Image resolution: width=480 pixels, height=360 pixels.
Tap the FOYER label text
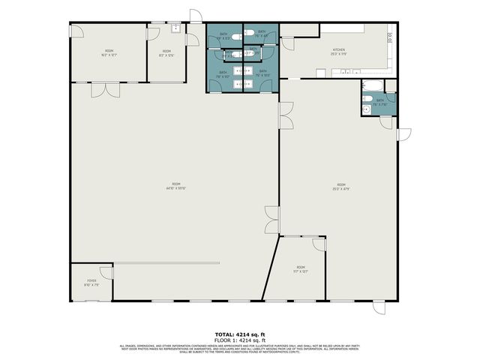[x=91, y=280]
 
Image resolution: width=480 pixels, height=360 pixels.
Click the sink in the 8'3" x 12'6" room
[x=175, y=29]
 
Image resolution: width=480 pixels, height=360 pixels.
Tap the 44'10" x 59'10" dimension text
[x=176, y=188]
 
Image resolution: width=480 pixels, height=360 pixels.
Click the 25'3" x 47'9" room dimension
[x=340, y=188]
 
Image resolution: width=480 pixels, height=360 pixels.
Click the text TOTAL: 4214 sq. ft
[x=239, y=334]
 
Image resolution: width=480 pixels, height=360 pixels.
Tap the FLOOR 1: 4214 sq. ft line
[x=239, y=340]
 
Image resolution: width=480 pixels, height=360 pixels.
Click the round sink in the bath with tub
[x=366, y=109]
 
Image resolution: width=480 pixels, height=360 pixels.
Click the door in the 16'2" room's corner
[x=78, y=30]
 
